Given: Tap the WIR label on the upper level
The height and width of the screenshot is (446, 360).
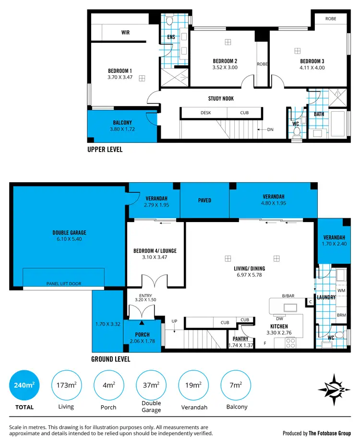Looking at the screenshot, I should tap(125, 33).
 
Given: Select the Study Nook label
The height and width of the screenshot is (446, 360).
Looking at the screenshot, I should tap(221, 98).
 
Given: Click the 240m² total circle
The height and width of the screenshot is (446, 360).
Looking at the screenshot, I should tap(24, 385).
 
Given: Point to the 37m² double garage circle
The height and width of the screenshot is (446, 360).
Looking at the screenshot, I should tap(151, 385).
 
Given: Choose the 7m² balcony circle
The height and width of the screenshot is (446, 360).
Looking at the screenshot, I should tap(236, 385).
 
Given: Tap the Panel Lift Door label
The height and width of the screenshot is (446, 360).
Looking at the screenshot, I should tap(63, 283).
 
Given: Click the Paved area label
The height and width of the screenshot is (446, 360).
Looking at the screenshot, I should tap(204, 200).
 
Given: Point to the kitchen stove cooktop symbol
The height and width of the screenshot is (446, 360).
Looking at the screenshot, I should tap(291, 342).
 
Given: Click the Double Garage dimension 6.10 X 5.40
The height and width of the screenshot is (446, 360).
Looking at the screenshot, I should tap(70, 239).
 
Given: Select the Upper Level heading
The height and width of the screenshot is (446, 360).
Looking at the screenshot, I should tap(105, 149).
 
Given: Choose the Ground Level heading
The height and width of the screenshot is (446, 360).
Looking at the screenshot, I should tap(110, 359).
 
